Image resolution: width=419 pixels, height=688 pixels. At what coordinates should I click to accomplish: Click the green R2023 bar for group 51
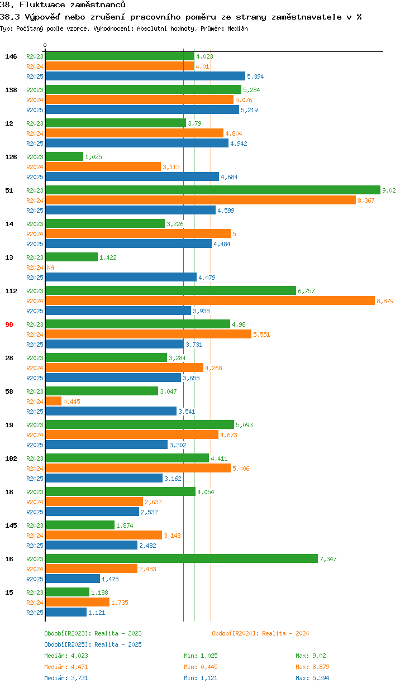(212, 190)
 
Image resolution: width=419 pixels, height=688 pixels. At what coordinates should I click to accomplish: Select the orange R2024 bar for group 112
(209, 301)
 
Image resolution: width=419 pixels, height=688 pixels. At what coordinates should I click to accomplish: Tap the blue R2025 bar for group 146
(145, 77)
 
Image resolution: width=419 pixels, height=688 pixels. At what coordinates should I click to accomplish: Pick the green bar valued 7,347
(182, 559)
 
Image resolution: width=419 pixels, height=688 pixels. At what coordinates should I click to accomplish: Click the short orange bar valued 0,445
(53, 402)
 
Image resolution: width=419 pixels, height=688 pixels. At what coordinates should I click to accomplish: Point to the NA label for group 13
(50, 267)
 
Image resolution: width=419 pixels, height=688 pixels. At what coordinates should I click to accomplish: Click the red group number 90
(9, 324)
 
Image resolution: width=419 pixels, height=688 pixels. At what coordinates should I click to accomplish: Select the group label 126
(11, 157)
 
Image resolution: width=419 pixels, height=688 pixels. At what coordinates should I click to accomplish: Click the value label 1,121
(97, 613)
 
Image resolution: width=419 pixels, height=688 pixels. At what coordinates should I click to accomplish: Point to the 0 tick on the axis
(45, 45)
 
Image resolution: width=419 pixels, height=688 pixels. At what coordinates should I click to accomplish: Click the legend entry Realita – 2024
(260, 633)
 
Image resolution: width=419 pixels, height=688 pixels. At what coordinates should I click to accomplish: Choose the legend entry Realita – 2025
(93, 644)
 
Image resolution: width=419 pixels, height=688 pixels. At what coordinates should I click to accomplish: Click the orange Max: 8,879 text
(311, 667)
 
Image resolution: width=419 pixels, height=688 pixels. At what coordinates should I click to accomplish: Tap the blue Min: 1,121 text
(201, 678)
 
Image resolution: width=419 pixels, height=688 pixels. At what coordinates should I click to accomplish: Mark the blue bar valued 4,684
(132, 177)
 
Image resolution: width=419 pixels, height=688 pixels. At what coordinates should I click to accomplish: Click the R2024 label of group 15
(35, 603)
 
